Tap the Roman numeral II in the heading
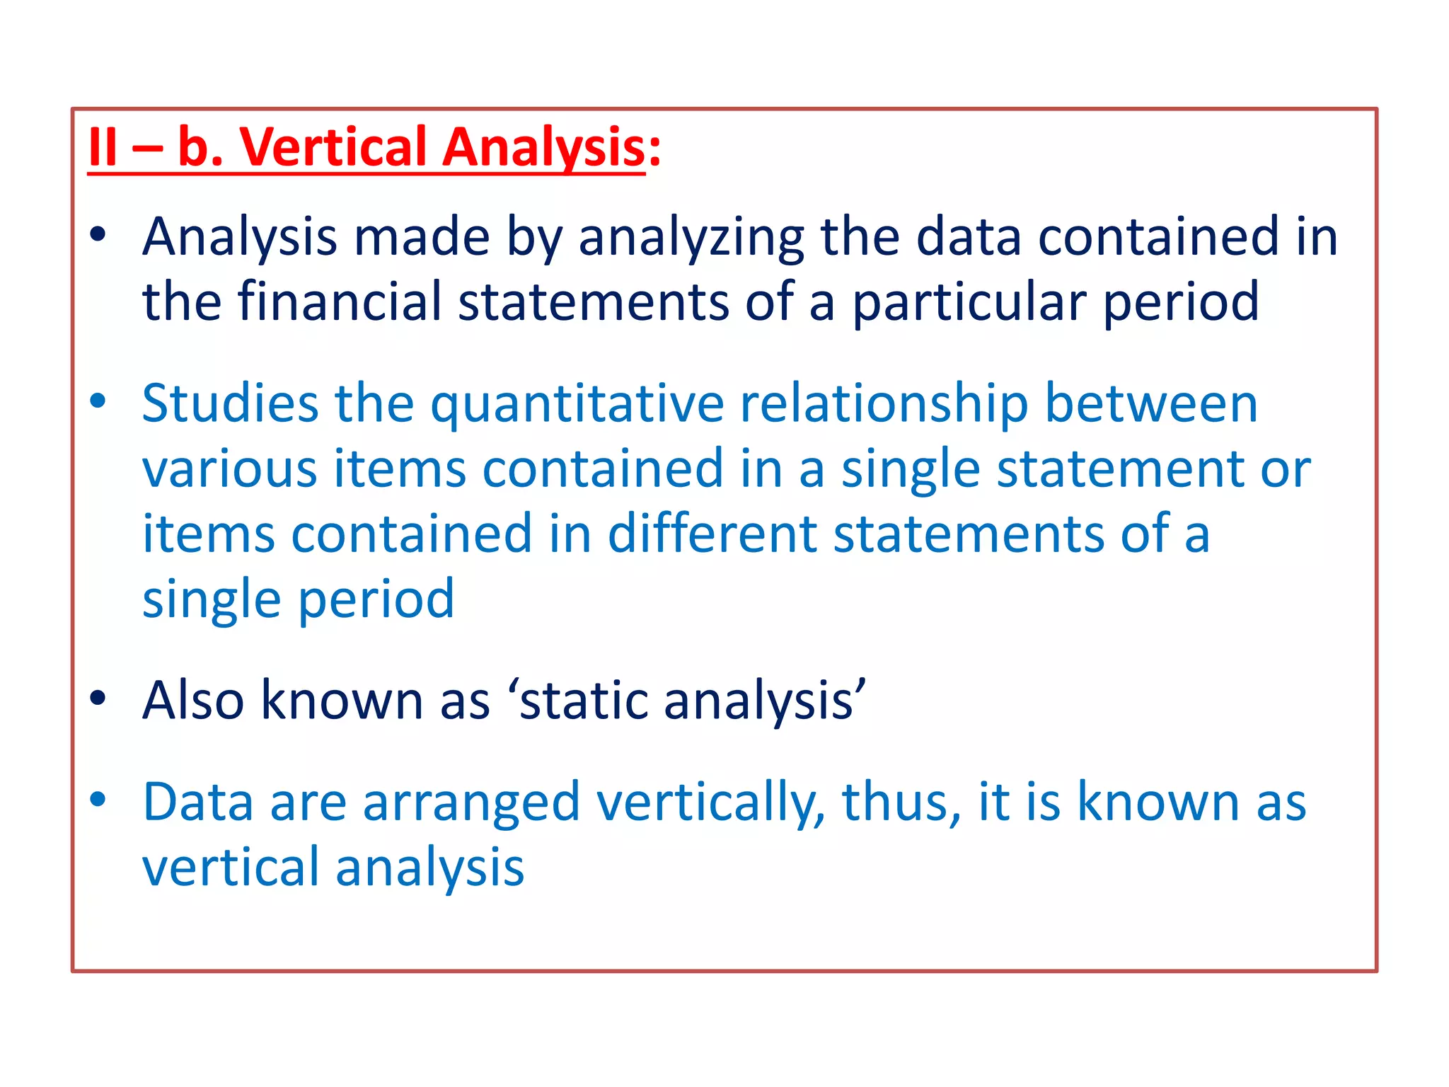[x=103, y=147]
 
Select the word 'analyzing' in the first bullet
[x=691, y=238]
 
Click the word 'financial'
[x=339, y=301]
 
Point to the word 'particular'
[x=969, y=303]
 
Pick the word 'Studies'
[x=230, y=403]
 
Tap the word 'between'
[x=1151, y=403]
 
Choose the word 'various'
[x=229, y=468]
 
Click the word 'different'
[x=712, y=534]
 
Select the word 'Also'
[x=193, y=701]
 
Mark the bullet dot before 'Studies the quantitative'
[x=98, y=401]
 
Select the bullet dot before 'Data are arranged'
[x=98, y=800]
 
